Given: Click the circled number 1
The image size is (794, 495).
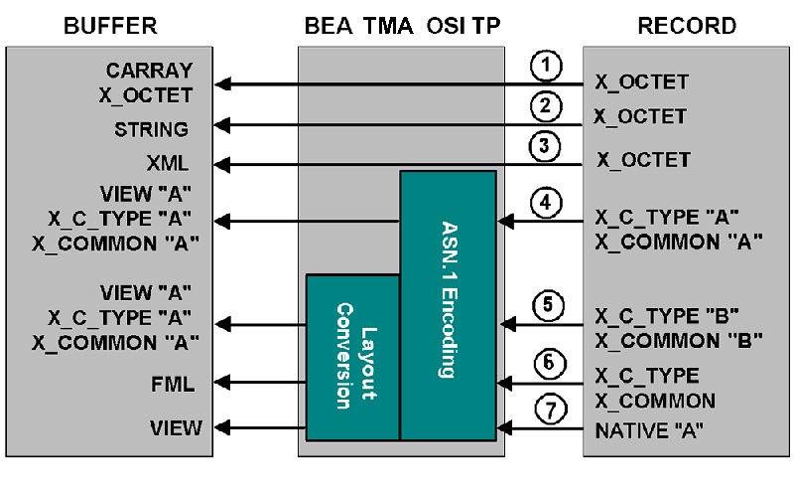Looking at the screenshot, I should point(544,67).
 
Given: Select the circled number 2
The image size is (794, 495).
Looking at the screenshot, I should point(544,105).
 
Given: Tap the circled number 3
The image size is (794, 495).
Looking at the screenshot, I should point(544,146).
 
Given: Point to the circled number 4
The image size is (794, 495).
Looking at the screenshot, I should point(544,203).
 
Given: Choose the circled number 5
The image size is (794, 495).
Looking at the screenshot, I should point(544,303).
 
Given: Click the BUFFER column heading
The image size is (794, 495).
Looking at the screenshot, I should point(108,26).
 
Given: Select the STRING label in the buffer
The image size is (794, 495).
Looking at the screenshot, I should point(151,129).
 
